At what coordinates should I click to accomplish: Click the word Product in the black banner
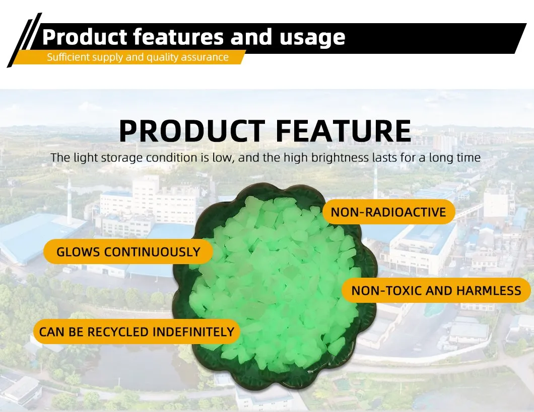click(85, 37)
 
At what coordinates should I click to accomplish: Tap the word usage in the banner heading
click(312, 38)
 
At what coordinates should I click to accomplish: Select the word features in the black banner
click(178, 37)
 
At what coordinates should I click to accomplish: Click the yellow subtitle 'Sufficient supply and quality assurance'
click(138, 57)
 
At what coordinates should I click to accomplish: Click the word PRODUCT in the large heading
click(192, 131)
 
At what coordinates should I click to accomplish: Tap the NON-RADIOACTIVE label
click(388, 212)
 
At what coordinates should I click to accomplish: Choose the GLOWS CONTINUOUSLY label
click(128, 252)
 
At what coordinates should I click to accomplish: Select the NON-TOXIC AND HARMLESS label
click(436, 291)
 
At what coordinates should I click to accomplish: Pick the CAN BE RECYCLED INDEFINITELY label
click(137, 332)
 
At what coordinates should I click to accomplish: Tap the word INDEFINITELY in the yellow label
click(193, 332)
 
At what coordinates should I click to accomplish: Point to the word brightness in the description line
click(340, 158)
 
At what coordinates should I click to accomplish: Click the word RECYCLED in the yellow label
click(118, 332)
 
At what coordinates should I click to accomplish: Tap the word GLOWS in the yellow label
click(78, 252)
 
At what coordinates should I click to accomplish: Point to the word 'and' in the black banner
click(251, 37)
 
